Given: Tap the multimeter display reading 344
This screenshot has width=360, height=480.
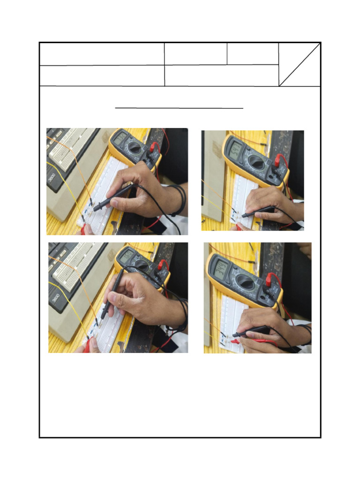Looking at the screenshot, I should [221, 269].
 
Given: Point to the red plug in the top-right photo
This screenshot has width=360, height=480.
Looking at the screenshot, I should [280, 160].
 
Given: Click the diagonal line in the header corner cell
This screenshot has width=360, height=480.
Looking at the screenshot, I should [300, 65].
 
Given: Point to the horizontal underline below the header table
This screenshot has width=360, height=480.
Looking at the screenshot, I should [179, 108].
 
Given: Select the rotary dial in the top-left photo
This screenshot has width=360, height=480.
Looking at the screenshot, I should [135, 148].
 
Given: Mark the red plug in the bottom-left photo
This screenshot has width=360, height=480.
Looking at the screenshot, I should [162, 265].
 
